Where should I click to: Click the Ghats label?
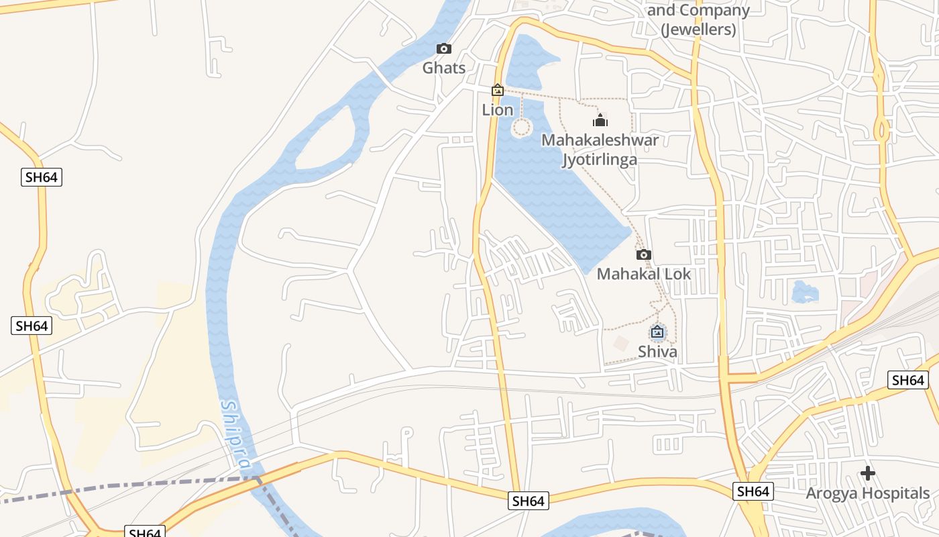pos(443,68)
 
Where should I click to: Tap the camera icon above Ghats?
pos(443,48)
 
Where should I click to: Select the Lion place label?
pos(498,110)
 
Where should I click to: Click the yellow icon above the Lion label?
pos(498,90)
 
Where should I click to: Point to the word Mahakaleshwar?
pos(600,140)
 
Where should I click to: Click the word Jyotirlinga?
pos(600,160)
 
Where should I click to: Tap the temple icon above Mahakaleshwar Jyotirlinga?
pos(600,120)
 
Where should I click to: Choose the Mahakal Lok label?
pos(643,274)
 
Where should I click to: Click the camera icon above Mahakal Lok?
pos(643,254)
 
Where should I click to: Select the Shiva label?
pos(657,352)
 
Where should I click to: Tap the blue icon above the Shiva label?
pos(657,332)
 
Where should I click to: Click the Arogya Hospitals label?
pos(868,493)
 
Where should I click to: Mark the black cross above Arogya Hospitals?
pos(868,473)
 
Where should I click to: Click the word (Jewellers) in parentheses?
pos(698,30)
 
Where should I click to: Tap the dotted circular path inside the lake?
pos(521,127)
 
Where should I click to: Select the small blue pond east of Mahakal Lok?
pos(804,292)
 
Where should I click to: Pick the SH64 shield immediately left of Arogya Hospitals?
pos(753,491)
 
